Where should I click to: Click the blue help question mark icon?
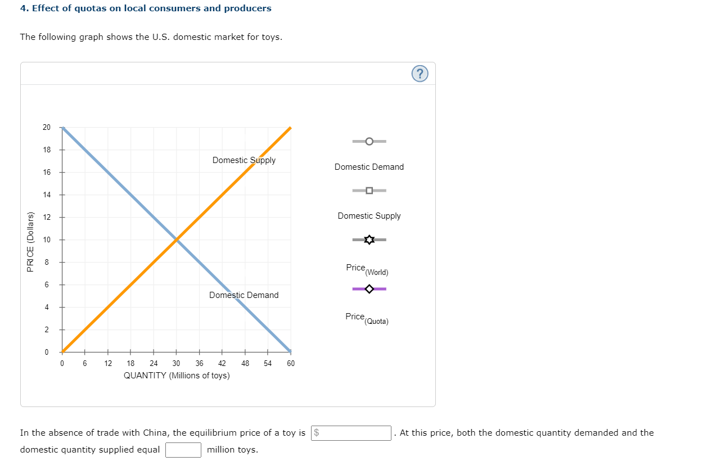(420, 74)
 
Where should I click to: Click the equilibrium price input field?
(352, 433)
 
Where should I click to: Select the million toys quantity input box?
(183, 450)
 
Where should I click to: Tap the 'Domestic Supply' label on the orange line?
(244, 160)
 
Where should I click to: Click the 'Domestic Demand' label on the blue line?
(244, 295)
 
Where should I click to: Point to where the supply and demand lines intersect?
(177, 239)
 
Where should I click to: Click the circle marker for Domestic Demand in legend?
(369, 141)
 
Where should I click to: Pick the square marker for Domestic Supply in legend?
(369, 191)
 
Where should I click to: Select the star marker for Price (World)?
(369, 240)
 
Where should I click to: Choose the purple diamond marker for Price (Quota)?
(369, 289)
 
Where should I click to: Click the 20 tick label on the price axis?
(47, 127)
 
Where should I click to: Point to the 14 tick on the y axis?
(47, 195)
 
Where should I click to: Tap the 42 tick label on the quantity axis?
(222, 363)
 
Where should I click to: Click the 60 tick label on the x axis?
(291, 363)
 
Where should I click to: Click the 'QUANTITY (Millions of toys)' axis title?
(177, 376)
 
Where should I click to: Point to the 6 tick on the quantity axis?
(85, 363)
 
